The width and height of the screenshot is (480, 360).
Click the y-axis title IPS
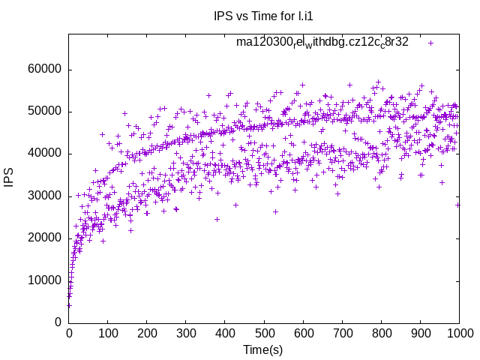9,178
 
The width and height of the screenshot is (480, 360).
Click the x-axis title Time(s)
263,349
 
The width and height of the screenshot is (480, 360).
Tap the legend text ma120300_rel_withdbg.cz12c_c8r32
322,42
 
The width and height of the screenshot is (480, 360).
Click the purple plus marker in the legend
430,43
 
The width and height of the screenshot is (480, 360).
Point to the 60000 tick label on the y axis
43,70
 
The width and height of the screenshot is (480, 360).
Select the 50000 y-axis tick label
43,112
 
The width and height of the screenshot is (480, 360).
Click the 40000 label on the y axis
43,154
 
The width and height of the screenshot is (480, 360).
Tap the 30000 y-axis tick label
43,196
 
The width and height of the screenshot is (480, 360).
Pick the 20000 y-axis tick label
43,238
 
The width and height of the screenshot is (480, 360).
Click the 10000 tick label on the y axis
43,280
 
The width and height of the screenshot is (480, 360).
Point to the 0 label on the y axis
58,322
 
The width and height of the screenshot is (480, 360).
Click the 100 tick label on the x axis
108,334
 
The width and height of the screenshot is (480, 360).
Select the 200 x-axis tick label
147,334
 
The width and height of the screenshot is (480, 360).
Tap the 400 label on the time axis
225,334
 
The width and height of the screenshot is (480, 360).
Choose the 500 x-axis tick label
264,334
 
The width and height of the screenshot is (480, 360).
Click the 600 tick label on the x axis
303,334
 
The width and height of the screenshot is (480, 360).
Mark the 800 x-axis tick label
381,334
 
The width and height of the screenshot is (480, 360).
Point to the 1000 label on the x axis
458,334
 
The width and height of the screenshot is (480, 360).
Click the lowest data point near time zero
69,305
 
